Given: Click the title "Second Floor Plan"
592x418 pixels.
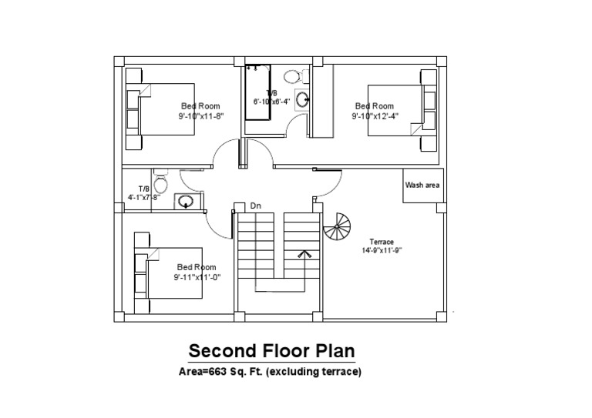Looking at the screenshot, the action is coord(272,352).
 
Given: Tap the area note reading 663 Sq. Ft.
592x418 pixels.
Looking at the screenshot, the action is coord(269,372).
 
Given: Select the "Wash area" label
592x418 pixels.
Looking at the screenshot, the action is coord(422,186).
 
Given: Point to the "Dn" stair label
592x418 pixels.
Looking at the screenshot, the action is coord(255,206).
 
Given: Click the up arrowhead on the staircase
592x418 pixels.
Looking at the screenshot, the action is coord(304,253).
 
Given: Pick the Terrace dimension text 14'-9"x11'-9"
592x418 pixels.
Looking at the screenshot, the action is coord(382,250).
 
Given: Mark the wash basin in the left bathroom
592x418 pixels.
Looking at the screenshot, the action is coord(186,202).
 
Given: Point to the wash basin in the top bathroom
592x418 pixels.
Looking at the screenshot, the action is coord(303,99).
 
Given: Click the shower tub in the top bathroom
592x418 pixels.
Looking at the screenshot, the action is coord(257,92).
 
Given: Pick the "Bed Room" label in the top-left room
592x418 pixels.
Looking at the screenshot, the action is coord(200,106).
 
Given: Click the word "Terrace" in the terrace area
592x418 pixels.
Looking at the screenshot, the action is coord(382,242).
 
